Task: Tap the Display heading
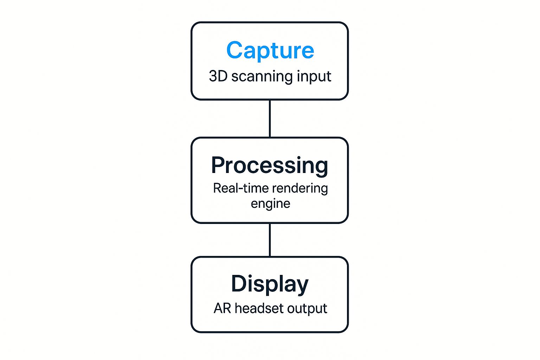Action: [270, 285]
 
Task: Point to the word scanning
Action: [262, 77]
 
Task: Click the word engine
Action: [270, 204]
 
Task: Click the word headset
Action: [259, 308]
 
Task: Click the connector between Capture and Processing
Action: [270, 118]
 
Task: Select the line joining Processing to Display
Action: [270, 240]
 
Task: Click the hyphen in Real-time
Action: [240, 189]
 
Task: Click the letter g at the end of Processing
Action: [321, 169]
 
